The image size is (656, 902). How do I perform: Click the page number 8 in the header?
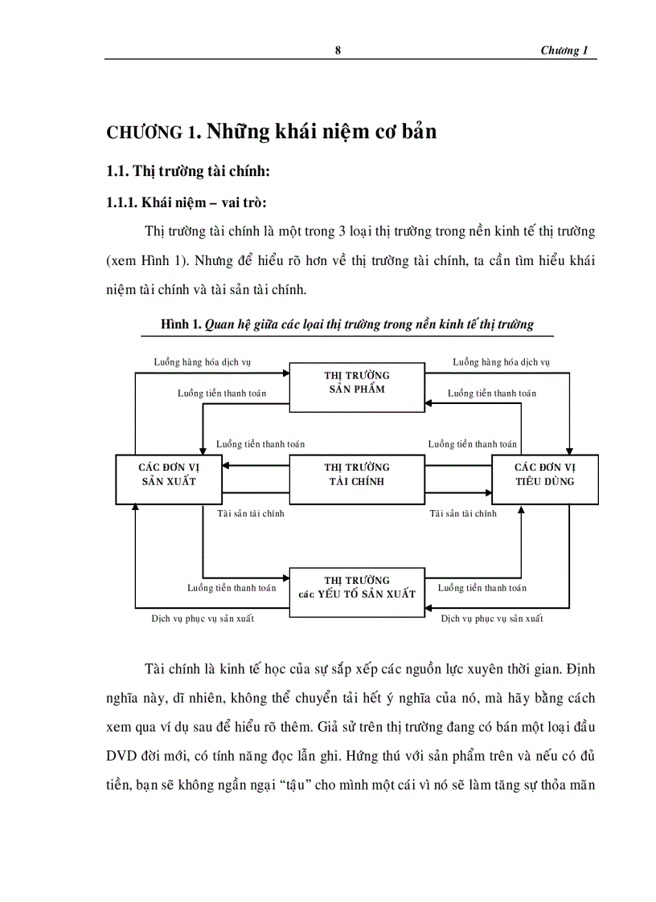point(338,51)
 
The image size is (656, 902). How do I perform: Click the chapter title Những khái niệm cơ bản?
point(322,131)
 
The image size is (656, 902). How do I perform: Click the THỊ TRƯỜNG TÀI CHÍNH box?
point(357,474)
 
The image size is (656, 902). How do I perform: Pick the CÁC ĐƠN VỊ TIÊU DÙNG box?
point(544,474)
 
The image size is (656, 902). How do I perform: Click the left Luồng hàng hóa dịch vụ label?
point(203,362)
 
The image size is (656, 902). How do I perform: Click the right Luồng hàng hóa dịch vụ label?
point(501,362)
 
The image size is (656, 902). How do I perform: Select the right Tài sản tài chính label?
point(463,513)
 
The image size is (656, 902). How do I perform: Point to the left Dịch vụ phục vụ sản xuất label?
point(207,618)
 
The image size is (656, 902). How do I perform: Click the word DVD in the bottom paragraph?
point(124,756)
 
